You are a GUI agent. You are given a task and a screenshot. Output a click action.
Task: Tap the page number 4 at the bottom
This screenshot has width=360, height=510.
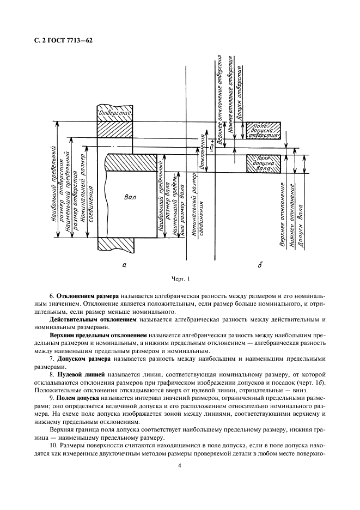tap(180, 465)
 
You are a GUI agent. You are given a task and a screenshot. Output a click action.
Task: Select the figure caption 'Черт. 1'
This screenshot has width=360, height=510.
tap(180, 280)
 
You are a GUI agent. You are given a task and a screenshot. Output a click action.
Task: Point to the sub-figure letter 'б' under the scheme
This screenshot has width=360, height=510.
tap(260, 265)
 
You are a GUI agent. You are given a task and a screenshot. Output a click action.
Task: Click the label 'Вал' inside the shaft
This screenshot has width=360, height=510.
tap(131, 197)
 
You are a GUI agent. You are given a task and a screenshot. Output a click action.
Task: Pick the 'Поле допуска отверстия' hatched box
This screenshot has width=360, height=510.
tap(263, 130)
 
